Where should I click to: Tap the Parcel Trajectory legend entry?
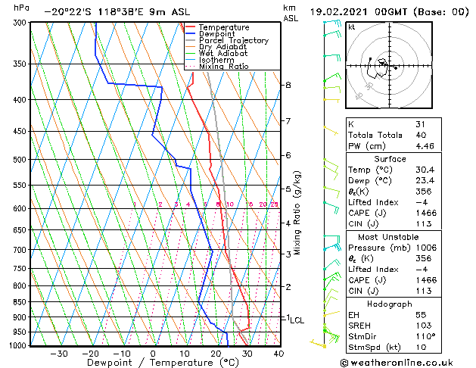(233, 41)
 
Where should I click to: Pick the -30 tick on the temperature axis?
(58, 353)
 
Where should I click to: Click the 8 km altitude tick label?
(288, 85)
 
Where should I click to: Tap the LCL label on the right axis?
(297, 320)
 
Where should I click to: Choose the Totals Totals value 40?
(421, 136)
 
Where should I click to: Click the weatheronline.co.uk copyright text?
(406, 361)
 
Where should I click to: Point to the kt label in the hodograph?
(352, 27)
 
